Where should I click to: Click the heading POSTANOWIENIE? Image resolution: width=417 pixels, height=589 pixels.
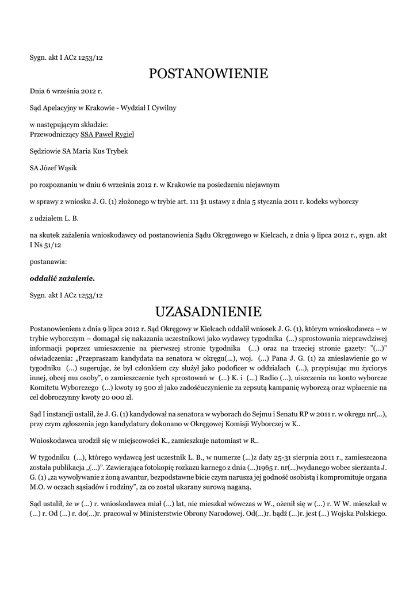pyautogui.click(x=208, y=74)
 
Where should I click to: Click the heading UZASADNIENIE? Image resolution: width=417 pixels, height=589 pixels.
pyautogui.click(x=208, y=312)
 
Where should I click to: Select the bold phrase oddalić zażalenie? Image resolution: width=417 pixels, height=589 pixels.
pyautogui.click(x=62, y=278)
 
